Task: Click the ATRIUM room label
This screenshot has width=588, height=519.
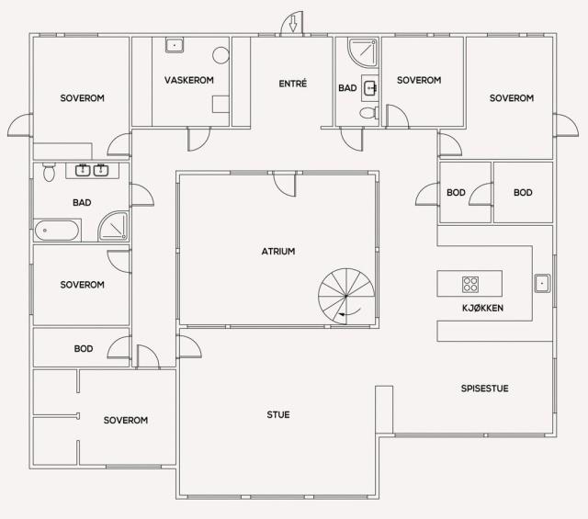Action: pyautogui.click(x=278, y=252)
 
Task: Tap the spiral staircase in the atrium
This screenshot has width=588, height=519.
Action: pyautogui.click(x=346, y=297)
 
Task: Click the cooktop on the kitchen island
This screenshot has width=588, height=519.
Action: pyautogui.click(x=469, y=284)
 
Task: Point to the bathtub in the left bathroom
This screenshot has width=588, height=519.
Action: pyautogui.click(x=57, y=231)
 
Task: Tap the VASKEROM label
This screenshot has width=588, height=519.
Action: pyautogui.click(x=189, y=80)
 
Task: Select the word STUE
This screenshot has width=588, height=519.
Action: pyautogui.click(x=278, y=415)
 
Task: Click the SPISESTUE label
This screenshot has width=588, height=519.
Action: pyautogui.click(x=484, y=389)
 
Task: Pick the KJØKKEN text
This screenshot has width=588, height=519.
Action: pyautogui.click(x=482, y=309)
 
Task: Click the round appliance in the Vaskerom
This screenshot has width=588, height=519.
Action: pyautogui.click(x=220, y=55)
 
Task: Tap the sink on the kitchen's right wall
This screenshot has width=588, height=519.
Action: pyautogui.click(x=542, y=283)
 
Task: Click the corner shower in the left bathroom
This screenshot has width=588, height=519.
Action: pyautogui.click(x=114, y=226)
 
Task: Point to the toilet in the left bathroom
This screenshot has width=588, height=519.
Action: pyautogui.click(x=49, y=172)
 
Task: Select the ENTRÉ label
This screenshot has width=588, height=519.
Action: pyautogui.click(x=292, y=84)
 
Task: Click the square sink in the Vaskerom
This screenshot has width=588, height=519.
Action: pyautogui.click(x=175, y=45)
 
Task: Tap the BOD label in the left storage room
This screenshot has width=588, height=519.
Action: pyautogui.click(x=84, y=349)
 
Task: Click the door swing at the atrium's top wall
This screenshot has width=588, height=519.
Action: pyautogui.click(x=285, y=184)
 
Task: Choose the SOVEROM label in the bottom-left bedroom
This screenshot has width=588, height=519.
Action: pyautogui.click(x=126, y=420)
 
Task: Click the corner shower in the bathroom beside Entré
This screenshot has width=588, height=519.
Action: pyautogui.click(x=363, y=52)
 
